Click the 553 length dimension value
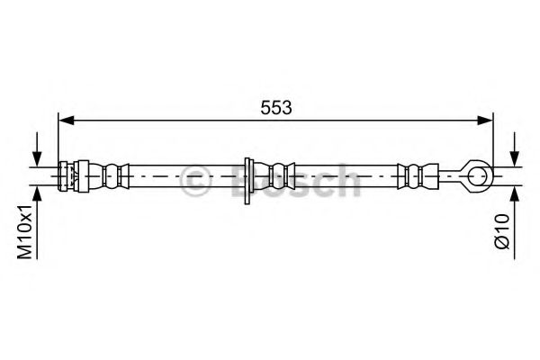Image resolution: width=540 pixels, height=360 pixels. [x=276, y=107]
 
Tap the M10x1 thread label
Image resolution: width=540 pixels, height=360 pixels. [x=25, y=231]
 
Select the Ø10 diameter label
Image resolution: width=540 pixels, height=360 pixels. [x=502, y=231]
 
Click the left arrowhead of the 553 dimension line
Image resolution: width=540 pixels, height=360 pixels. [x=67, y=121]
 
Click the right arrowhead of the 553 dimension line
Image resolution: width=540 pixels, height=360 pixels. [x=485, y=121]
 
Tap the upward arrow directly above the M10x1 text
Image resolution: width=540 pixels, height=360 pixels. [x=37, y=222]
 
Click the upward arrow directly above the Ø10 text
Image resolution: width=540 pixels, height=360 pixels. [x=515, y=222]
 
